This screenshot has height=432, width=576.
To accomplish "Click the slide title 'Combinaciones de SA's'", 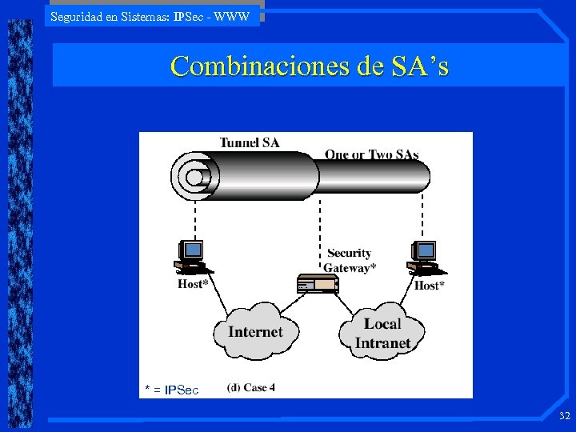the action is (x=309, y=66).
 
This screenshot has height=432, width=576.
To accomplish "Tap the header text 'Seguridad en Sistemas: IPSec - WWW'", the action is (x=150, y=16).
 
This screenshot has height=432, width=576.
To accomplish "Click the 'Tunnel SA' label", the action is (x=250, y=143).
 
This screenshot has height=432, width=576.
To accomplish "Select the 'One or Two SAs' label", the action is (x=371, y=154).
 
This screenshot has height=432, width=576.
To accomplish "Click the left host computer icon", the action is (x=190, y=257).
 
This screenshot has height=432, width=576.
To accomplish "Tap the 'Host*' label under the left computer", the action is (x=193, y=284).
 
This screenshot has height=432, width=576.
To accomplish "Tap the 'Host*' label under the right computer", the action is (x=430, y=285).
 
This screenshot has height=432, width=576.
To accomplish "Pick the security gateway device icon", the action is (x=318, y=283).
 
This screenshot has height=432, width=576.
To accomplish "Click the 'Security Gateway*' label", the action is (x=350, y=261).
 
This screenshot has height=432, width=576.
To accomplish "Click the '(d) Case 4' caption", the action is (x=251, y=387).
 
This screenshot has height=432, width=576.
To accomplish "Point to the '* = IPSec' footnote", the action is (x=171, y=390).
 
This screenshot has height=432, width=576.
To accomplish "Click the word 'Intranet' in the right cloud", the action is (x=382, y=343).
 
